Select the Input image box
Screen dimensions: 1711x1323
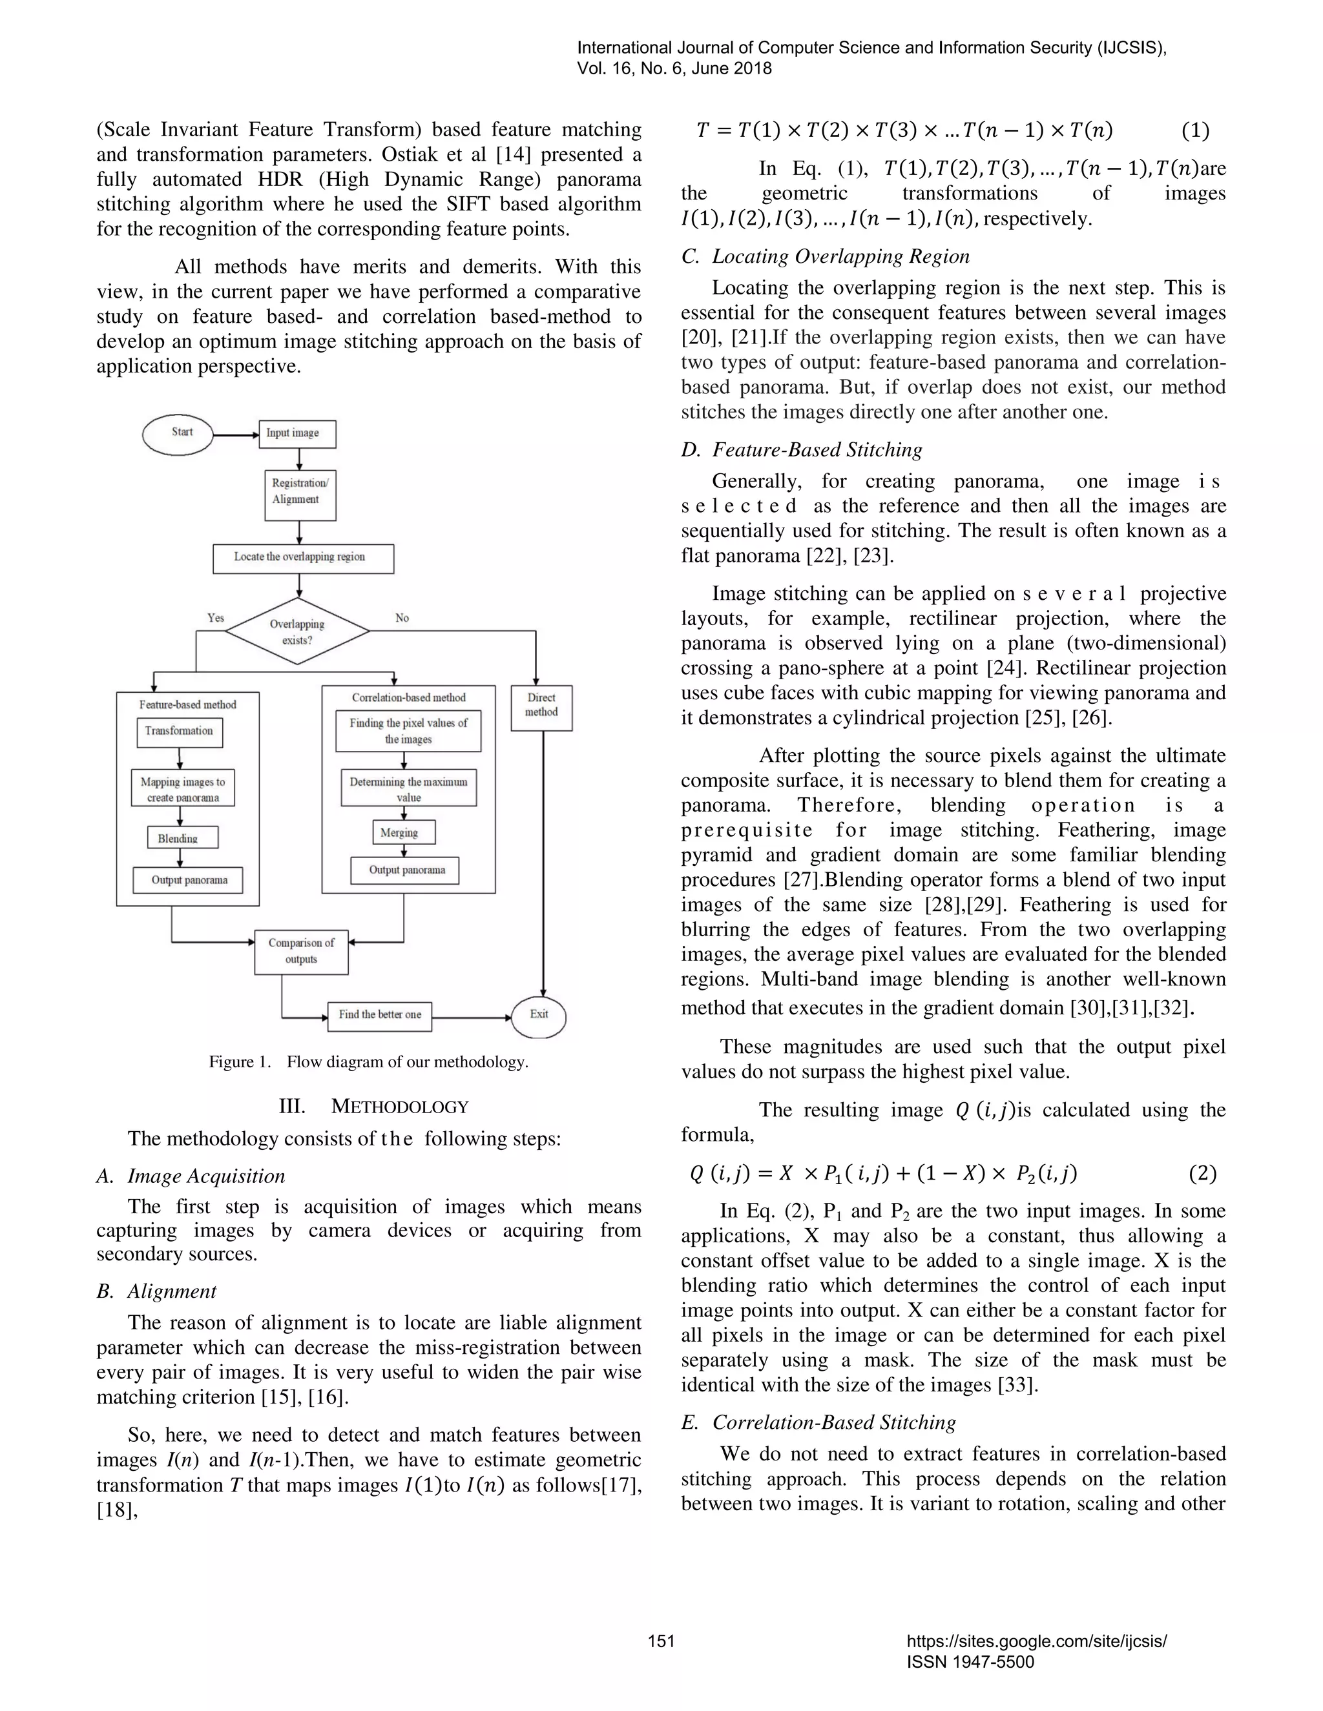[x=297, y=433]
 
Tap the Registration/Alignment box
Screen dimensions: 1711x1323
[x=300, y=492]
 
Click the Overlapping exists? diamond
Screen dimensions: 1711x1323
[x=298, y=631]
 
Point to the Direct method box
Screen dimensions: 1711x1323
[x=541, y=706]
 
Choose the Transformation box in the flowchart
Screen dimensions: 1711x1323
[x=180, y=732]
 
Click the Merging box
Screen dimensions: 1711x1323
[x=403, y=832]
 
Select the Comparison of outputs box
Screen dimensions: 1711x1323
[x=301, y=951]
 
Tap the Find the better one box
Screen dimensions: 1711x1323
[x=379, y=1016]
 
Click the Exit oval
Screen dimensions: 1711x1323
[x=539, y=1016]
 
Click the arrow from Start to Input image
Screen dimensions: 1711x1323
[x=236, y=435]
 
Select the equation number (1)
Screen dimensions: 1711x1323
[x=1194, y=131]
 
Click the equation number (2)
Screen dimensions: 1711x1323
[x=1202, y=1173]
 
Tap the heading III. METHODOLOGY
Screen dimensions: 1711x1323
[x=374, y=1106]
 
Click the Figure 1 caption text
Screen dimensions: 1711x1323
[x=368, y=1062]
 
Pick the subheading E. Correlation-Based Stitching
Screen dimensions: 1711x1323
[x=818, y=1422]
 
